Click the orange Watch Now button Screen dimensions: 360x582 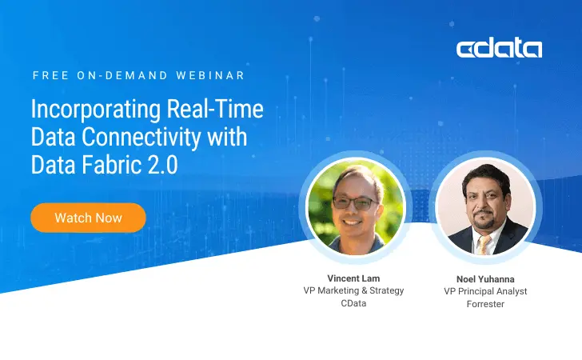[x=88, y=218]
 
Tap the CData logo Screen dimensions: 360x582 [x=499, y=48]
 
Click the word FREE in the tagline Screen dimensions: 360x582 [x=50, y=75]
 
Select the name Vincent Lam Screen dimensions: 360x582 [x=353, y=278]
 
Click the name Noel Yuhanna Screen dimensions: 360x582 [x=485, y=278]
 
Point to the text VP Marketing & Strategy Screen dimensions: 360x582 [x=353, y=290]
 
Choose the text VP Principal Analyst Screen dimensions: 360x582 [x=485, y=291]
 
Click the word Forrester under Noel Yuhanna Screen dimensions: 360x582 [x=485, y=304]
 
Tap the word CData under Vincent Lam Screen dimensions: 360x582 [x=353, y=303]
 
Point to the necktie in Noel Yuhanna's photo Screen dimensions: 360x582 [x=484, y=244]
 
